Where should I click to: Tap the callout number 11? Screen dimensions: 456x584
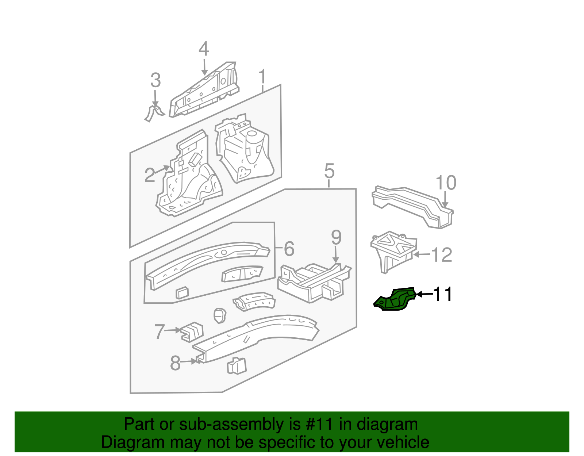(443, 294)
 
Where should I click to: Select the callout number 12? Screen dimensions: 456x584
(442, 255)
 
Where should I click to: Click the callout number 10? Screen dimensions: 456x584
(446, 183)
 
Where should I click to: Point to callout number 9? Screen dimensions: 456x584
(336, 238)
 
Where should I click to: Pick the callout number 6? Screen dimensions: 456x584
(289, 249)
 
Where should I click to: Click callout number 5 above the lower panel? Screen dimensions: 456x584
(329, 171)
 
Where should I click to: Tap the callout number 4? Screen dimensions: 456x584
(204, 49)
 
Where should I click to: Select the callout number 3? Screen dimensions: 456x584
(155, 80)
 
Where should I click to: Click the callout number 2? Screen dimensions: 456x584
(150, 175)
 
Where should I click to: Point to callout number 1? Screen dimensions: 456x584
(262, 77)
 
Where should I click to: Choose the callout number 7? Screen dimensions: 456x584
(160, 332)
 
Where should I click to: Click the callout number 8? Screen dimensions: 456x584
(175, 363)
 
